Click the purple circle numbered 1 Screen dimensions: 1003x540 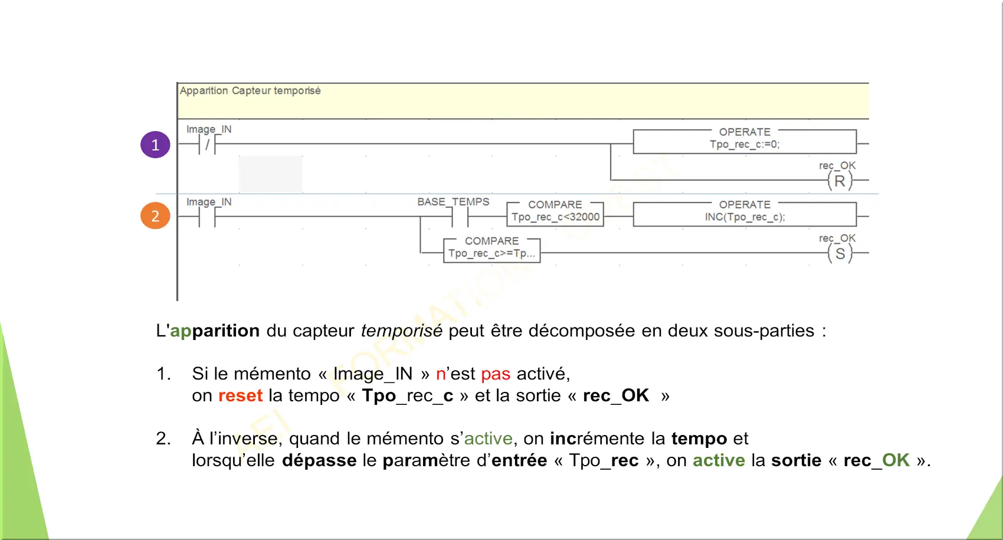point(155,145)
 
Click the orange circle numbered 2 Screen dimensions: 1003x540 point(155,216)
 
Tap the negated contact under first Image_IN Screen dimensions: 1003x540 point(207,145)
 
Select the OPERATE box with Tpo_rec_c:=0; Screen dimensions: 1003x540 point(745,142)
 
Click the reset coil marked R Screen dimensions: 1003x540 point(840,181)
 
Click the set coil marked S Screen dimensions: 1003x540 point(840,253)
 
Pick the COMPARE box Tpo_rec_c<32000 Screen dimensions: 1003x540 point(555,214)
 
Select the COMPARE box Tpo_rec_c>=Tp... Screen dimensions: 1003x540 point(491,250)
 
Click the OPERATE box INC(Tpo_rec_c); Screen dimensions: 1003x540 point(745,214)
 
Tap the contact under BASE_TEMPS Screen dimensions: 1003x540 point(460,217)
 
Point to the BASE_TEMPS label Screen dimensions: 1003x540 point(453,202)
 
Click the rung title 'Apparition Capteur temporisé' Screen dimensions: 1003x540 point(250,91)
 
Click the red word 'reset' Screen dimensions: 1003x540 point(241,395)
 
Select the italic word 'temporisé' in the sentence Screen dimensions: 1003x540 point(402,331)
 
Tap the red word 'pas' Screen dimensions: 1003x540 point(496,374)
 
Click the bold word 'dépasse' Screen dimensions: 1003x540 point(319,460)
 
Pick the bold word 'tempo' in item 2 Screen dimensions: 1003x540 point(699,439)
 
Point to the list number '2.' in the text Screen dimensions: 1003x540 point(163,438)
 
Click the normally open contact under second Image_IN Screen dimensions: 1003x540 point(207,217)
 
